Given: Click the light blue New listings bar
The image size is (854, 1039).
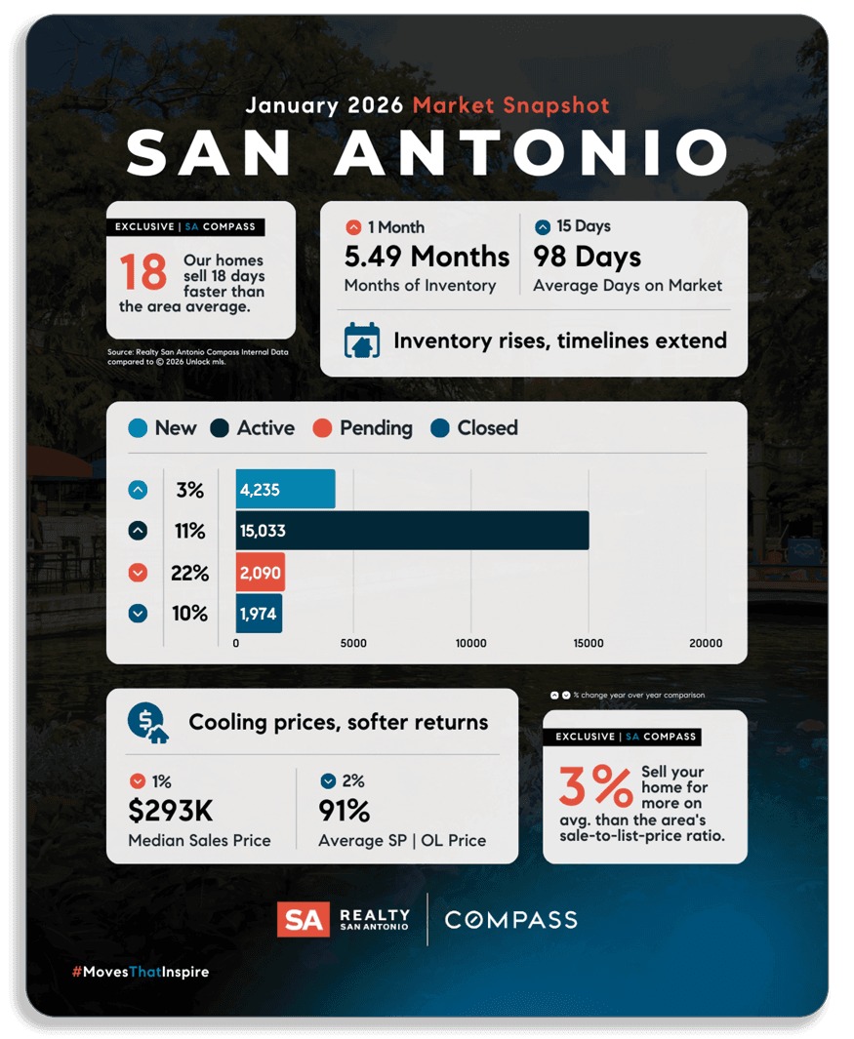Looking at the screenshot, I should click(x=285, y=489).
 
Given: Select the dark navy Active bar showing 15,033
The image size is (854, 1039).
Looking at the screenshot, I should click(x=412, y=531).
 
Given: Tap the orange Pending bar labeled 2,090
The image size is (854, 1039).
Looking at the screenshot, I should click(x=260, y=573).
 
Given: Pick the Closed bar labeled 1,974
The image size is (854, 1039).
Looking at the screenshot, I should click(x=259, y=614).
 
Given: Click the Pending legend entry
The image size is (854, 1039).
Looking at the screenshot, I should click(x=363, y=428).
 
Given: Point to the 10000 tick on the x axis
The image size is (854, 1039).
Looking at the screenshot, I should click(x=471, y=643).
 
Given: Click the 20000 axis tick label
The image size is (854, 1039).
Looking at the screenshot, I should click(x=706, y=643).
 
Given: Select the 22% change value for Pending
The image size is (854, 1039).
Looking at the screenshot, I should click(x=189, y=573).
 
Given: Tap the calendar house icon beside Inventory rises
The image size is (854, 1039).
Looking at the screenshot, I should click(x=362, y=340).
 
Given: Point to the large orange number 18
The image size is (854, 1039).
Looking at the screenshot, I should click(x=143, y=273).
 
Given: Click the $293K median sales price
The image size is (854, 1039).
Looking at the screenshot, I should click(x=171, y=811).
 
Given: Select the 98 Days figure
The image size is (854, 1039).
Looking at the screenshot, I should click(x=587, y=257).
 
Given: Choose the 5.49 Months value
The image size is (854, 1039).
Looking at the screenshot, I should click(x=427, y=257).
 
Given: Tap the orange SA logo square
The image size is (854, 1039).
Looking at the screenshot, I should click(x=303, y=919).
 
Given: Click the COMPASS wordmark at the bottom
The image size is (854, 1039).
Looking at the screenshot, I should click(x=510, y=919).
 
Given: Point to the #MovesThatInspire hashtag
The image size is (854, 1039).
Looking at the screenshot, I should click(x=141, y=972).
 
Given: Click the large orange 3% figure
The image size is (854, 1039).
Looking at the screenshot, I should click(x=595, y=786).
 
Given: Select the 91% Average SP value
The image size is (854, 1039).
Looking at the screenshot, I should click(x=345, y=811).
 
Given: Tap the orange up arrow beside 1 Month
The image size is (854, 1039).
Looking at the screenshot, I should click(x=353, y=227).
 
